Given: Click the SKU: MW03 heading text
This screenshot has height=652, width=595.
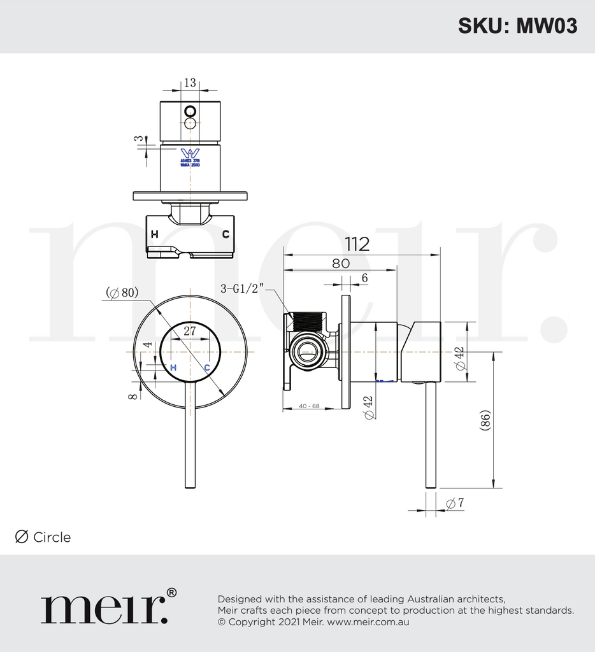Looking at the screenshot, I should tap(517, 25).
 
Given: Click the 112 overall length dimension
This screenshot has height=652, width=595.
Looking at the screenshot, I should tap(357, 244).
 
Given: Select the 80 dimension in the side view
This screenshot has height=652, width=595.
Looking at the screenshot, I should tap(340, 263).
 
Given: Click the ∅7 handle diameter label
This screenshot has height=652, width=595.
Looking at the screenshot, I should tap(455, 504).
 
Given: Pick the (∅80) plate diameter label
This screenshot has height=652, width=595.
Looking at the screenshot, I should tap(122, 293).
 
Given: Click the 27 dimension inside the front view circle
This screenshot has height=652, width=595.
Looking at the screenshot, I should tap(190, 330).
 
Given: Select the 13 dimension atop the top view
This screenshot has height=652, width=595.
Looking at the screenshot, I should tap(190, 83).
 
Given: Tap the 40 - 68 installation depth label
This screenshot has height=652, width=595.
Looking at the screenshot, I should tap(308, 406).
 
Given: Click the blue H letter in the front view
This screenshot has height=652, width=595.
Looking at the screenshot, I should tap(173, 367).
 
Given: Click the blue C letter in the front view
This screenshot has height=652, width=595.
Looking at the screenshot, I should tap(207, 367).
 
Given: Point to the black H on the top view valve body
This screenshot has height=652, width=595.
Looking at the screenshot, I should tap(154, 234).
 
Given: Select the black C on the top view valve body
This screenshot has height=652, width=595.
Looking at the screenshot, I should tap(226, 234).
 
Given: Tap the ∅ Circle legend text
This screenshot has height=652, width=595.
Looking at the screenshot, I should tap(43, 537).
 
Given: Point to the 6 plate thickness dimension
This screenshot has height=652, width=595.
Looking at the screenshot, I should tap(364, 278).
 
